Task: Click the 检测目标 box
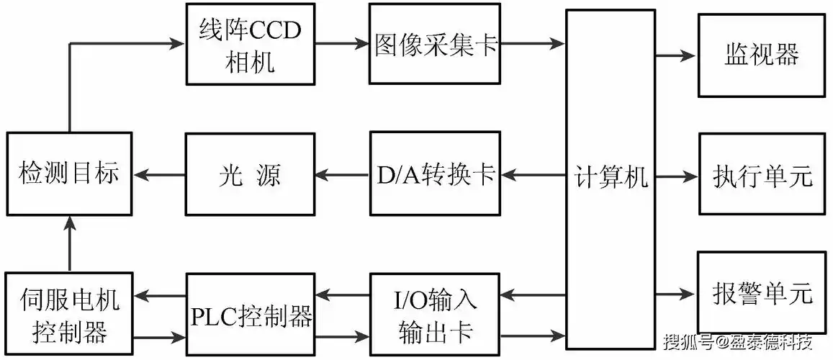tap(69, 174)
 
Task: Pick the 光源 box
tap(251, 174)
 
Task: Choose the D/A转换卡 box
tap(435, 174)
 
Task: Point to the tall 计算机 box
tap(611, 179)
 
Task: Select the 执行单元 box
tap(762, 174)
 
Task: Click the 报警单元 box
tap(762, 293)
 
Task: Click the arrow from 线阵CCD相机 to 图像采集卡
tap(342, 44)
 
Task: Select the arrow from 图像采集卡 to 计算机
tap(533, 44)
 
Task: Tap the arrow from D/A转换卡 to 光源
tap(342, 174)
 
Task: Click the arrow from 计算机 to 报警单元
tap(675, 293)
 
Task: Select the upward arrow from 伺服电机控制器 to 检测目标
tap(70, 245)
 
